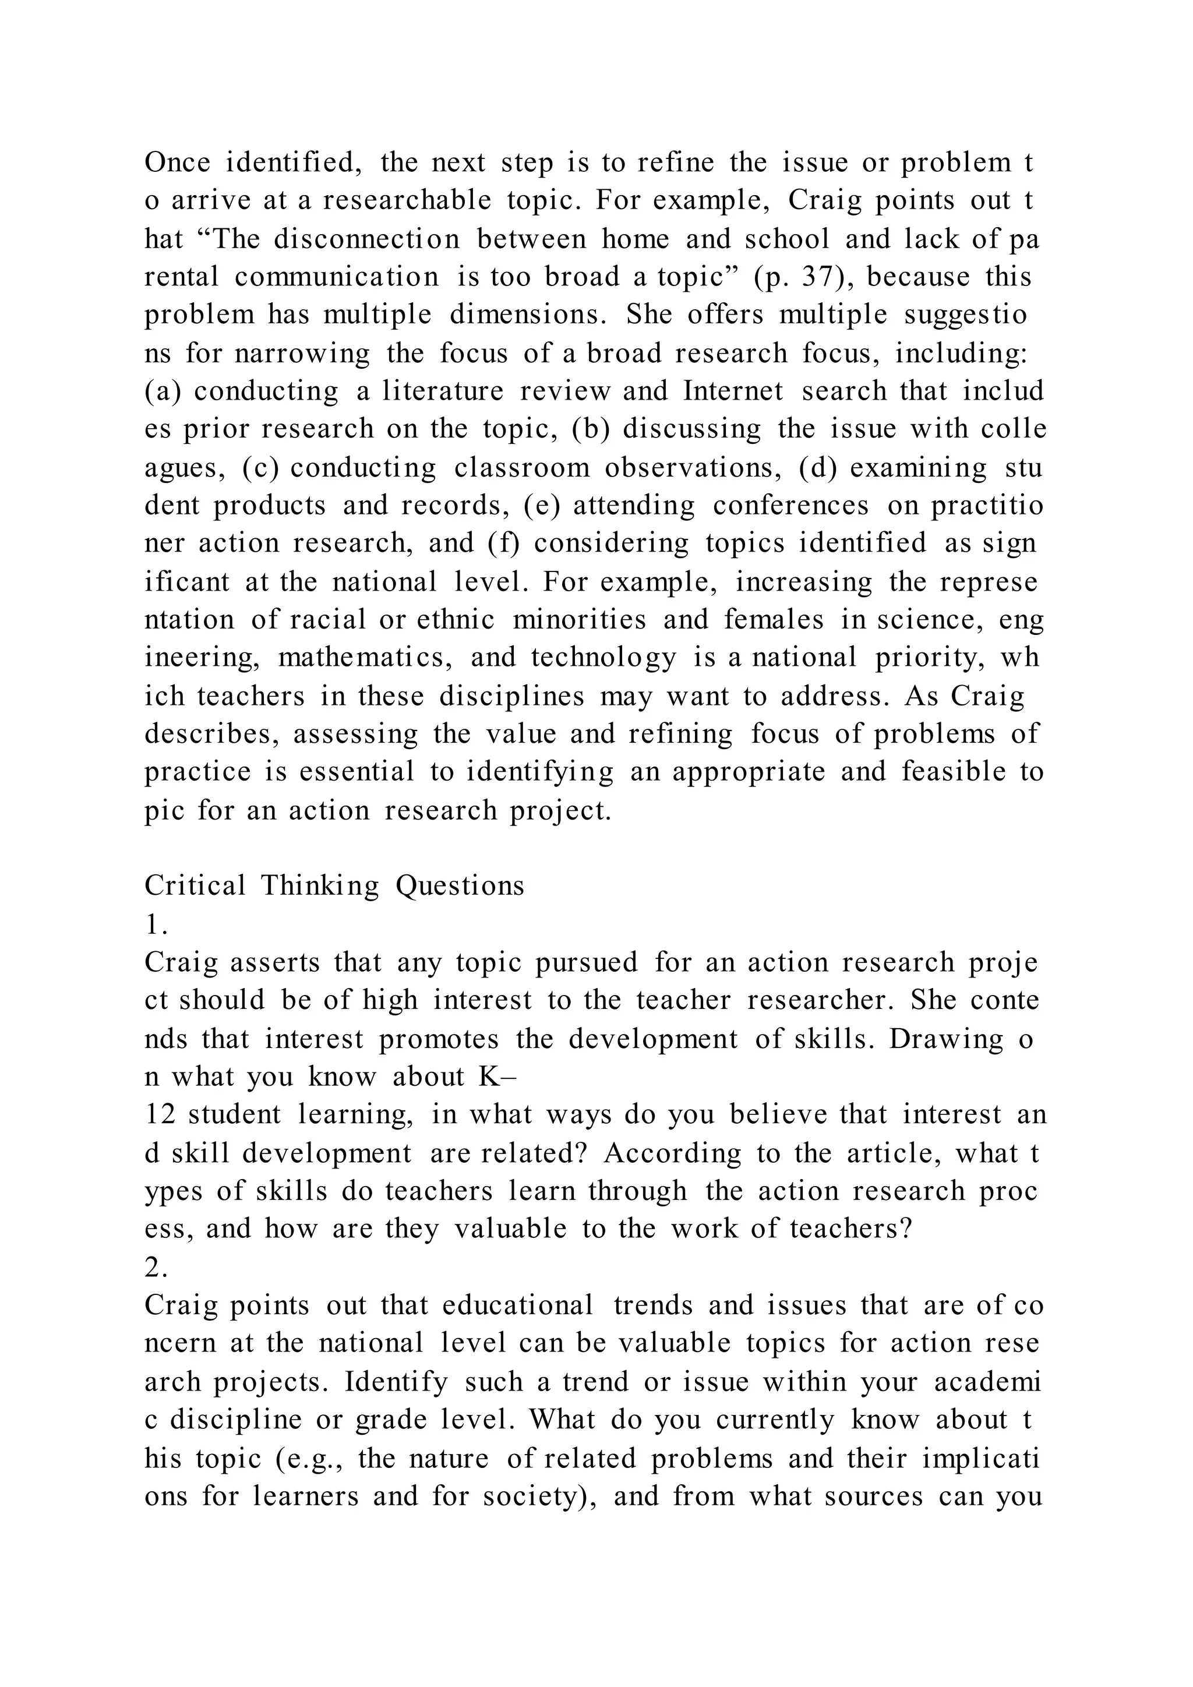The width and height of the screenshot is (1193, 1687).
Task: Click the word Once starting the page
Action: [x=177, y=163]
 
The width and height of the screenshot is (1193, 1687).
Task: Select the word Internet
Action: [x=734, y=391]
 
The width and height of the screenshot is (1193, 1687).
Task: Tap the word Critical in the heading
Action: [x=195, y=885]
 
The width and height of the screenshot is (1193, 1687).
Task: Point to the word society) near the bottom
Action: [x=538, y=1497]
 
